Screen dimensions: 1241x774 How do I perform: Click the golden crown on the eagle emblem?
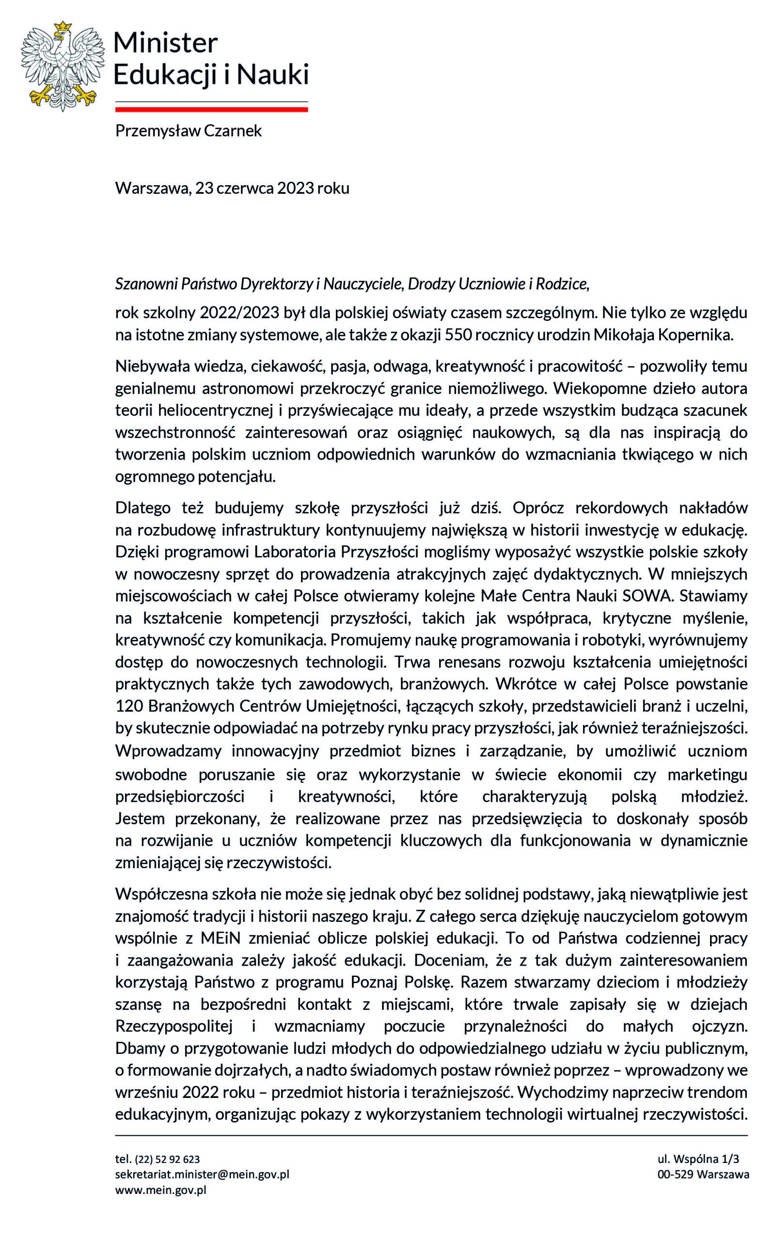point(63,26)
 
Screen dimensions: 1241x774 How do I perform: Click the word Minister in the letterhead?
point(165,43)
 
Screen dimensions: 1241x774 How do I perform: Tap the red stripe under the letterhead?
point(211,109)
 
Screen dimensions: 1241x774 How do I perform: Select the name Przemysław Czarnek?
point(188,131)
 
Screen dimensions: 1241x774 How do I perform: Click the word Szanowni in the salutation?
point(146,284)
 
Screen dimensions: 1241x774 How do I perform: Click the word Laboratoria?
point(295,552)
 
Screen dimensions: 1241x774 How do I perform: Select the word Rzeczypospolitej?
point(174,1026)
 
